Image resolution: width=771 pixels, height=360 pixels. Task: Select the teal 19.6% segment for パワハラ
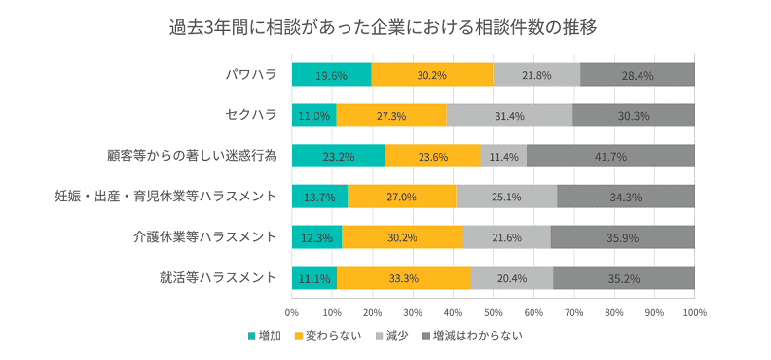point(331,75)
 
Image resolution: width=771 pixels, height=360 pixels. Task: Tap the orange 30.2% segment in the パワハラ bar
point(432,75)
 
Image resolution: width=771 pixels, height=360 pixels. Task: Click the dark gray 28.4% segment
point(637,75)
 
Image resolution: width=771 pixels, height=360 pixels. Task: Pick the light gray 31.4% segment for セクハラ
point(509,116)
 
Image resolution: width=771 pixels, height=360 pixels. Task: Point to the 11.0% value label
point(314,116)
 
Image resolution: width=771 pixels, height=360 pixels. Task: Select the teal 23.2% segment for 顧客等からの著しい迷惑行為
point(338,156)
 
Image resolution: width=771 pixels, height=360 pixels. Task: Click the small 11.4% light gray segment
point(503,156)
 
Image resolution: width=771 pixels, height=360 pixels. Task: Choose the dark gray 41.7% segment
point(610,156)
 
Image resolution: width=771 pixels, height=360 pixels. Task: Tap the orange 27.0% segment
point(401,197)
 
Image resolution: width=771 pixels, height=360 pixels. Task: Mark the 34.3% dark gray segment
point(625,197)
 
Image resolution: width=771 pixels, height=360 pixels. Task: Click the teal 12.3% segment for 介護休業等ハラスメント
point(316,237)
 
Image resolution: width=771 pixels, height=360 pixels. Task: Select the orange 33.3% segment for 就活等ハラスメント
point(403,277)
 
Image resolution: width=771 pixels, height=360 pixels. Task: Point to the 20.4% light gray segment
point(511,277)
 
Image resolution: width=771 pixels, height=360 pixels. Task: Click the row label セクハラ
point(250,116)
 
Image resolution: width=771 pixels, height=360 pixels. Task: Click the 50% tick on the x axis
point(493,313)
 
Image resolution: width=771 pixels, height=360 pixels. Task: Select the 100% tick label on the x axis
point(694,313)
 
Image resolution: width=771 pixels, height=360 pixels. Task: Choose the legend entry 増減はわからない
point(478,336)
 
